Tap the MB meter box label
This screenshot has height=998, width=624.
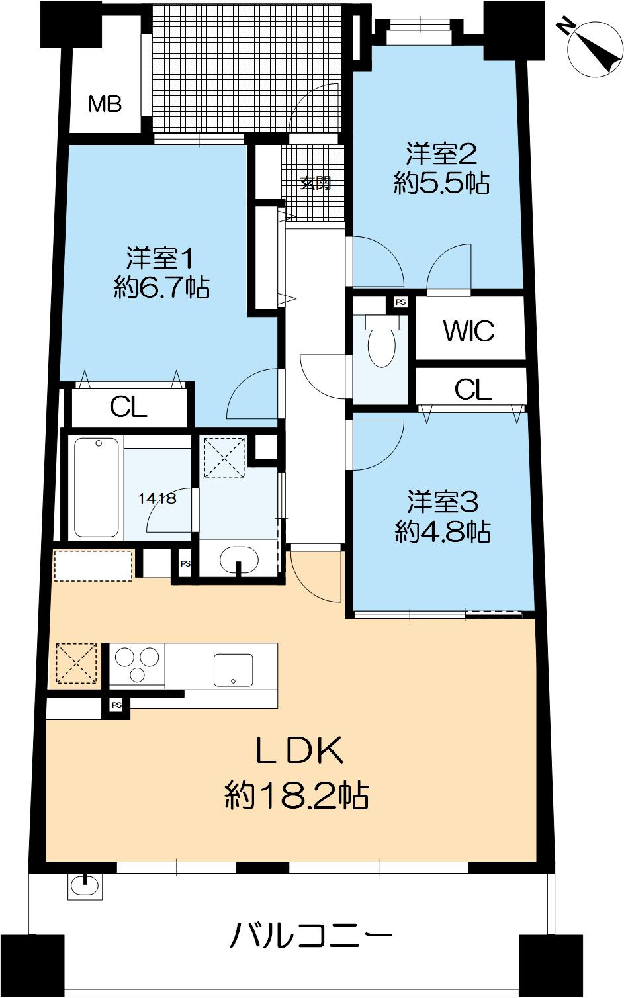105,104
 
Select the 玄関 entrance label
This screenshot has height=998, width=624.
316,183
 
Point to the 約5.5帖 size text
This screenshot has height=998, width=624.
441,183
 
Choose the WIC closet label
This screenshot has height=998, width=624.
468,331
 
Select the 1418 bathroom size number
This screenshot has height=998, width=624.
157,498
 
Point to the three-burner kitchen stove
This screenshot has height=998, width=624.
138,664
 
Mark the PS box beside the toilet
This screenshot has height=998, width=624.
400,302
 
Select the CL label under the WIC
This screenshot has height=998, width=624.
473,390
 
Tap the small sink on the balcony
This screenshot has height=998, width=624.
85,885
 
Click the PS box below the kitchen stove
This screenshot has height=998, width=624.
116,705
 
